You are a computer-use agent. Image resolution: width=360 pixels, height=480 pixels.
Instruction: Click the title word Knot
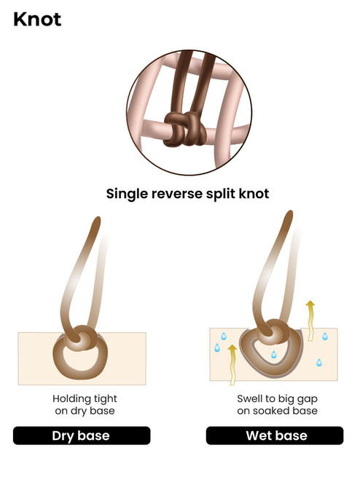click(37, 19)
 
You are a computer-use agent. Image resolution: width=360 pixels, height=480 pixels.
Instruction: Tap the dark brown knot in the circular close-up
click(185, 129)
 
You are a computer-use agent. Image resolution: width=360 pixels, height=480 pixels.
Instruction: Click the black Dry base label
click(82, 436)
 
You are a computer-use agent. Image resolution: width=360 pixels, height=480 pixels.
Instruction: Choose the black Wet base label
click(275, 436)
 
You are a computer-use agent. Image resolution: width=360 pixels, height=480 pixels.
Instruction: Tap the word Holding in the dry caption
click(71, 399)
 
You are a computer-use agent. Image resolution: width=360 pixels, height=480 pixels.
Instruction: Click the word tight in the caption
click(106, 399)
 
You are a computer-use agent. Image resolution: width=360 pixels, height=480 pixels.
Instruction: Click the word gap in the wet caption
click(307, 399)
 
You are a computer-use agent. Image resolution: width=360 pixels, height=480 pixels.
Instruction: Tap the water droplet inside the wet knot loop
click(273, 355)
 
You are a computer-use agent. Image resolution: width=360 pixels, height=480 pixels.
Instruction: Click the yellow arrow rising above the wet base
click(310, 320)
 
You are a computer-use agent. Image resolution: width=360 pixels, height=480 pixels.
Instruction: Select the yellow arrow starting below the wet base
click(232, 364)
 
